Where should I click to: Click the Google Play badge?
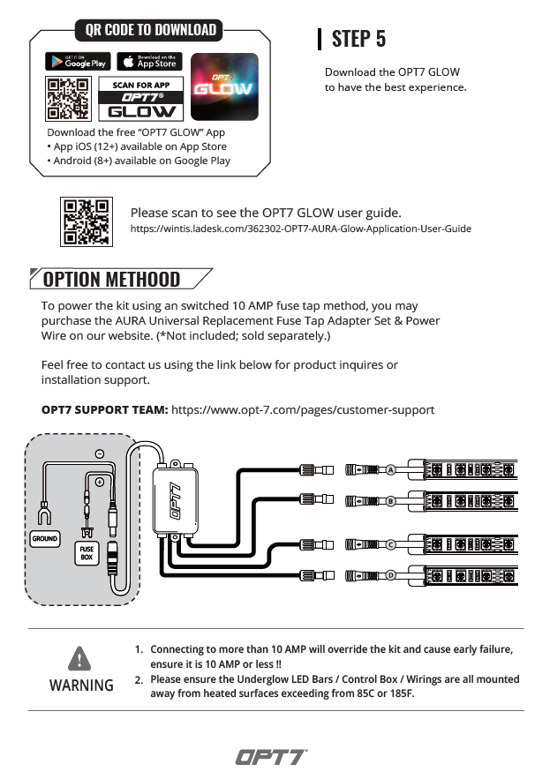click(x=77, y=62)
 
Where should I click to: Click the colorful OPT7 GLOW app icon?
click(x=225, y=86)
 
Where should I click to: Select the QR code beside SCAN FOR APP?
click(x=67, y=100)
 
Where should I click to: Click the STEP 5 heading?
click(x=358, y=39)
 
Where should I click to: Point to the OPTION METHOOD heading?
click(x=111, y=280)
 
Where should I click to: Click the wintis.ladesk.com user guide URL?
click(x=300, y=228)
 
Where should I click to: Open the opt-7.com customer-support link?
click(x=303, y=410)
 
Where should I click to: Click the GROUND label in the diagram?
click(x=44, y=538)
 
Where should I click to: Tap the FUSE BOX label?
click(x=87, y=553)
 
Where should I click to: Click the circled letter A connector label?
click(x=389, y=470)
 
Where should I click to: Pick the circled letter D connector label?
click(x=389, y=576)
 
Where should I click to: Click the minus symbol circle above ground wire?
click(x=99, y=453)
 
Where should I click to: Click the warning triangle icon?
click(x=80, y=658)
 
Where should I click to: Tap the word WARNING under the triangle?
click(x=81, y=685)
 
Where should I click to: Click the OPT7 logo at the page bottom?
click(x=271, y=757)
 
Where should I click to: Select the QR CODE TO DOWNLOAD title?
click(x=151, y=30)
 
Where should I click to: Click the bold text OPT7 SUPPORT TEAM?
click(x=104, y=410)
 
